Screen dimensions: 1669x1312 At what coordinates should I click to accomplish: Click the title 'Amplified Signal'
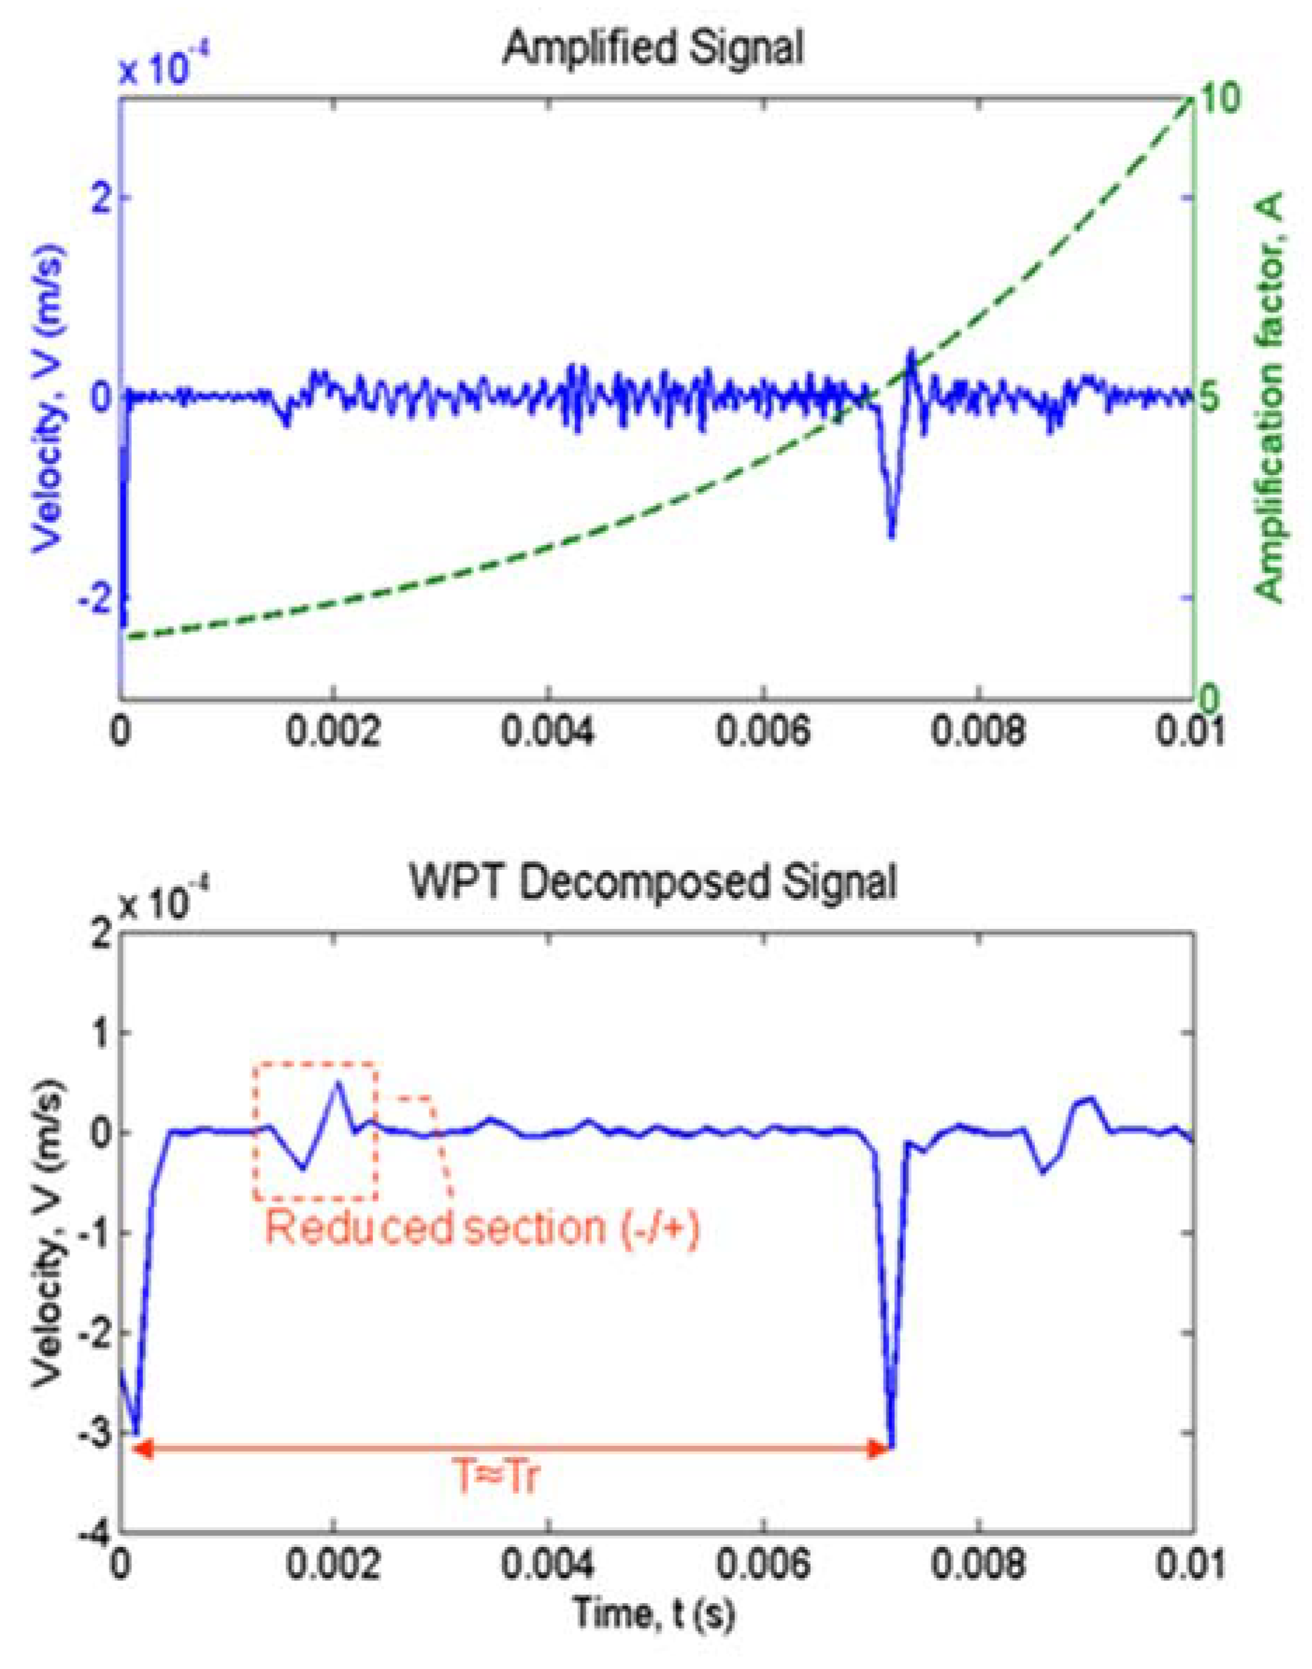[653, 48]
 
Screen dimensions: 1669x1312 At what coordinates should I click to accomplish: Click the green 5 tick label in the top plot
[1210, 397]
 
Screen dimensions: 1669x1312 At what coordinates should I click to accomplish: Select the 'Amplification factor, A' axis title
[1273, 397]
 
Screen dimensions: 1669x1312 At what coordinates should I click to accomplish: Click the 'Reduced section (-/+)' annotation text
[482, 1227]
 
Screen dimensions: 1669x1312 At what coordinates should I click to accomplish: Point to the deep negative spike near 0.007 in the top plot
[892, 530]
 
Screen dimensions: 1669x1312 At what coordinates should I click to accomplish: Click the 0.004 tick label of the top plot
[548, 732]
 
